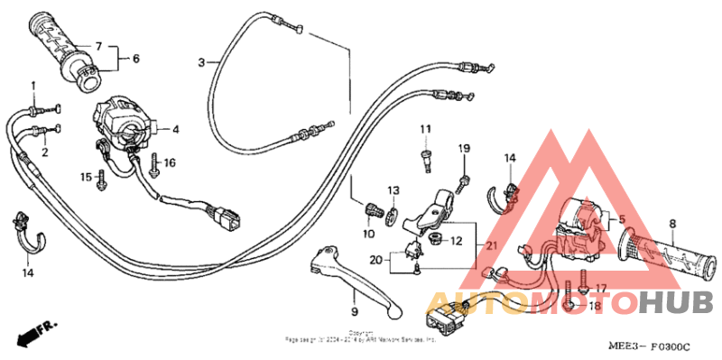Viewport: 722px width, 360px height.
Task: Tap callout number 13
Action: (393, 190)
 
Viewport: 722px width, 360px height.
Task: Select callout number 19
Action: (464, 147)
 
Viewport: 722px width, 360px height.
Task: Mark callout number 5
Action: (620, 218)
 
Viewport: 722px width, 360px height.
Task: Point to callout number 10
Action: (368, 235)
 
